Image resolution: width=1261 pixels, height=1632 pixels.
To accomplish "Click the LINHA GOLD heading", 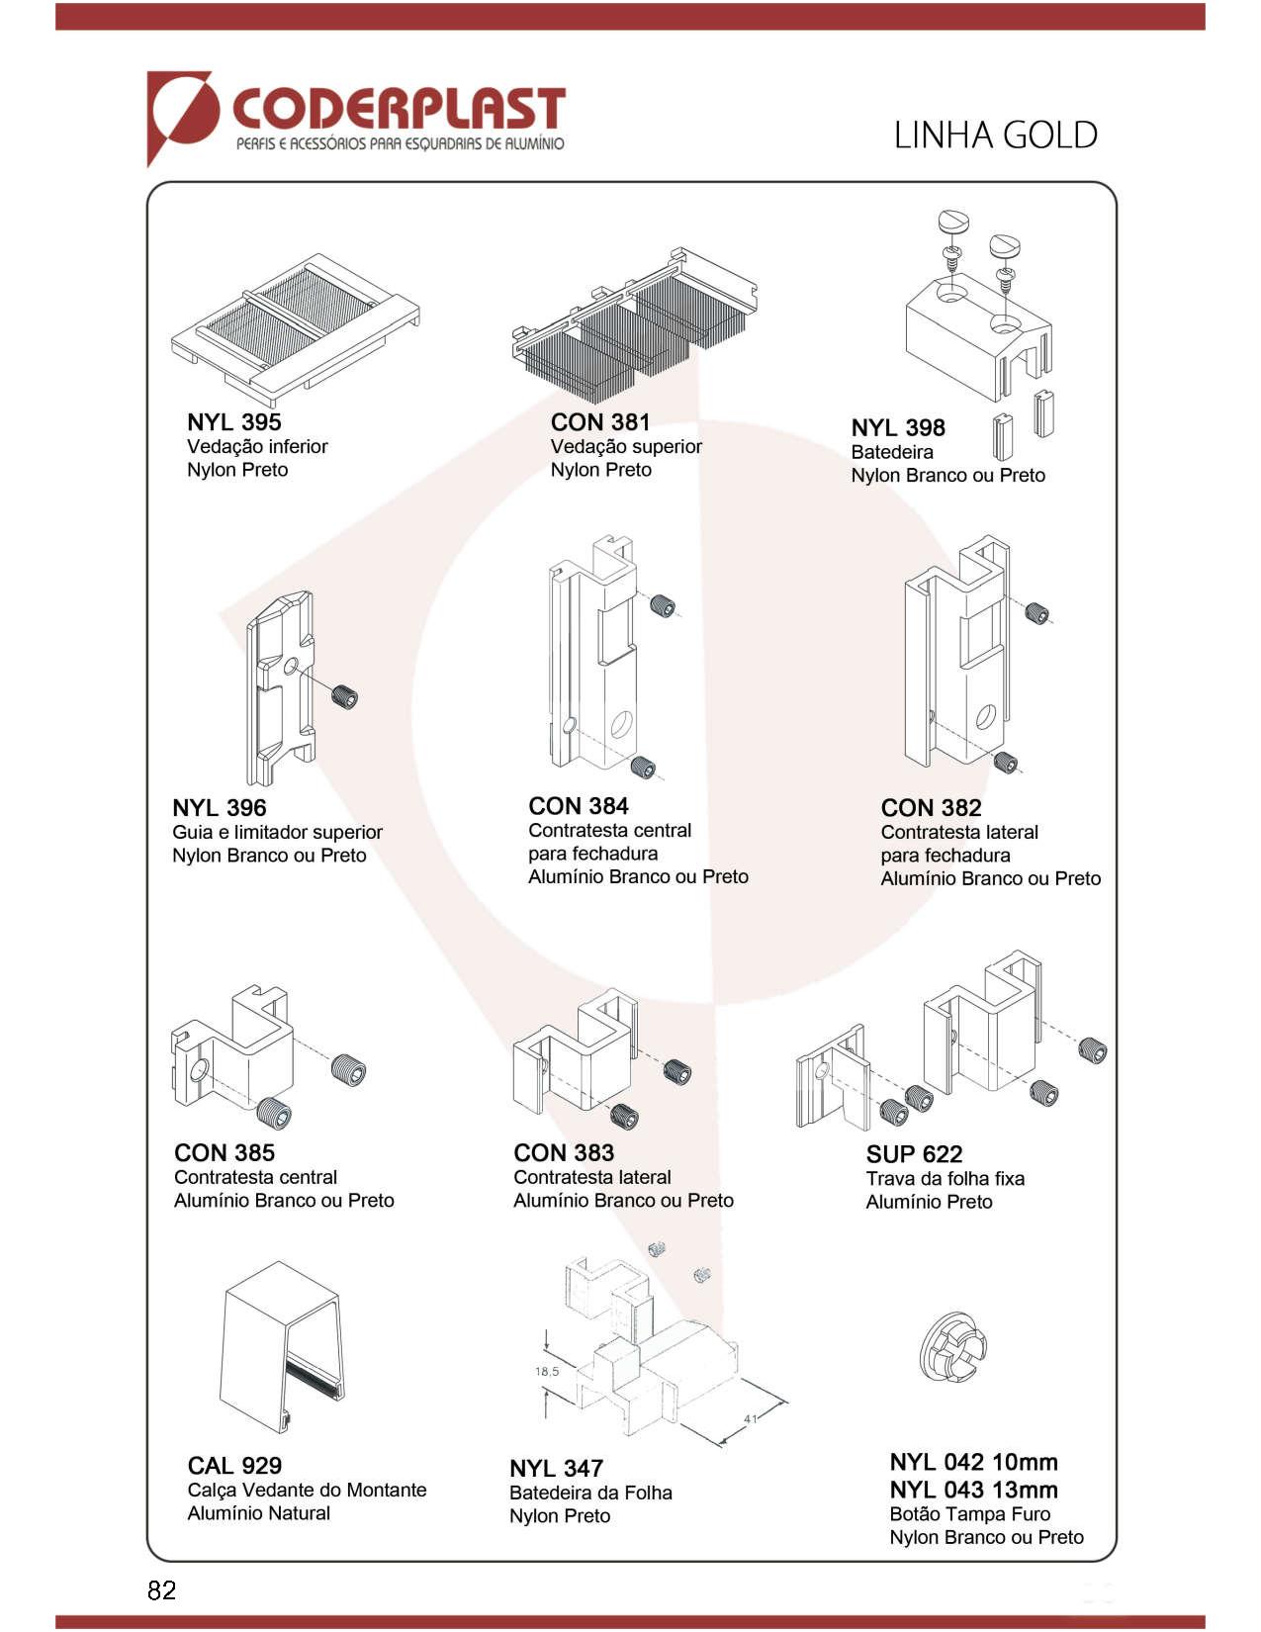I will (995, 135).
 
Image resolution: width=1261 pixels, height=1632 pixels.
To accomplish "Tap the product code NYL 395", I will (234, 422).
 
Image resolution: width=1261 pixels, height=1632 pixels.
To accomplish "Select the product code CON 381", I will (599, 422).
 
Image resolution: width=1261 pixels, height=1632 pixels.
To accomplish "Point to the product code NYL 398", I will (898, 428).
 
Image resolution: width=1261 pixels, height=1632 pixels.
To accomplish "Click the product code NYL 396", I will (219, 808).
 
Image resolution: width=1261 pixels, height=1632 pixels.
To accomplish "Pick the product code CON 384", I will (578, 806).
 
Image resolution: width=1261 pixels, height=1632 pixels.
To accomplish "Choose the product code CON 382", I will (931, 808).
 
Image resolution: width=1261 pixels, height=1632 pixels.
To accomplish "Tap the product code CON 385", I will (225, 1153).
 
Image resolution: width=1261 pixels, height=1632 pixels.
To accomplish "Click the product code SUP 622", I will (914, 1154).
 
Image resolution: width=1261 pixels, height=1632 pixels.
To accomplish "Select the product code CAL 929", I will (234, 1466).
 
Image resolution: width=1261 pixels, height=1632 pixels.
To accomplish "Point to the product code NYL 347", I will (556, 1469).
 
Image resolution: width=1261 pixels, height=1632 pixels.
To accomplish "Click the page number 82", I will (162, 1590).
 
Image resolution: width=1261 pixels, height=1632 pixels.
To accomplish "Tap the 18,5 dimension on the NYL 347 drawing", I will (547, 1371).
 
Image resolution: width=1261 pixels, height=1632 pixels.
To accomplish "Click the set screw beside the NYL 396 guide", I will (344, 697).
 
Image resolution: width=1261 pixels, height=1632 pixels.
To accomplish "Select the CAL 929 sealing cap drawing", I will (282, 1345).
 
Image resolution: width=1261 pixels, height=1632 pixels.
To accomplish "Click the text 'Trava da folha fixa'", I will (945, 1179).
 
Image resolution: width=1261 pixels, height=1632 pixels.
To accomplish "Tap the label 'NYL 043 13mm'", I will (973, 1490).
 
